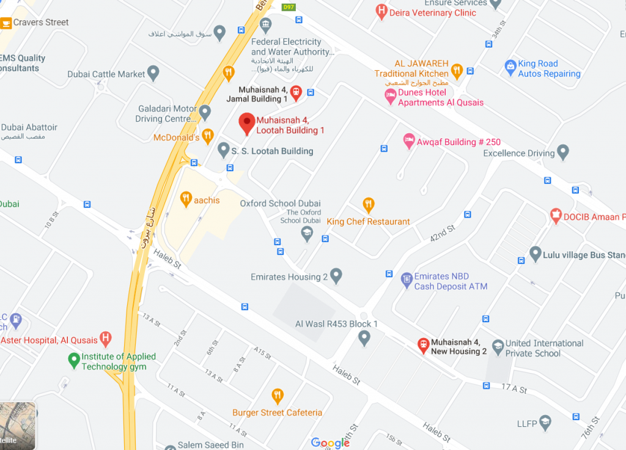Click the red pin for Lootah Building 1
click(246, 123)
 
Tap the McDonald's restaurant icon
click(208, 135)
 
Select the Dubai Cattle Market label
click(106, 75)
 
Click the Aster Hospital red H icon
click(106, 338)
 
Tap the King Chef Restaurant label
click(368, 221)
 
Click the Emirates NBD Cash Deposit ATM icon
click(407, 281)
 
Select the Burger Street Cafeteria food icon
click(278, 396)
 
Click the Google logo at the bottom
click(330, 443)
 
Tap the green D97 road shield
click(288, 7)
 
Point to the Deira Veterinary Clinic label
click(433, 13)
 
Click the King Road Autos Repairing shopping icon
click(510, 67)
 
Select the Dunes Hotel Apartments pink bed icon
click(391, 95)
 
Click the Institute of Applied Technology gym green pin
click(74, 360)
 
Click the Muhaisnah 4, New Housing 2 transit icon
click(422, 345)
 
